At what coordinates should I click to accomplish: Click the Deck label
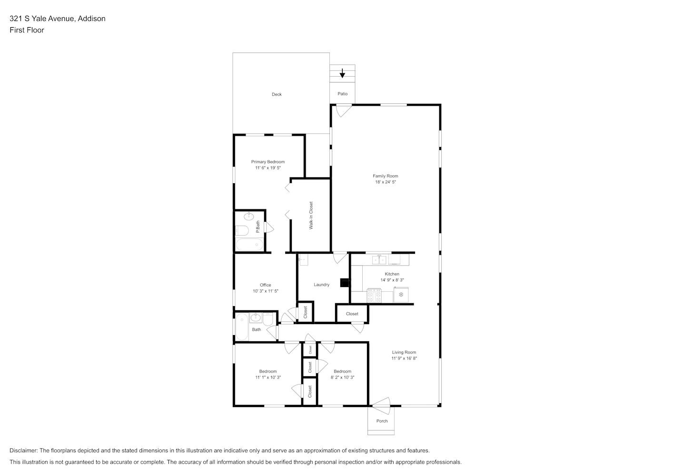point(277,94)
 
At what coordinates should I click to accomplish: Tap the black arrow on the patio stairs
point(342,73)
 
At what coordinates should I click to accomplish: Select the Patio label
point(343,94)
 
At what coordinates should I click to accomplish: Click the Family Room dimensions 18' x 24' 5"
point(386,182)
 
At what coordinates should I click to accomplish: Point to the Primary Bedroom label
point(267,162)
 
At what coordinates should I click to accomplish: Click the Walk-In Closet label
point(311,216)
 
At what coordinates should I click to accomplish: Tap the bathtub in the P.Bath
point(249,244)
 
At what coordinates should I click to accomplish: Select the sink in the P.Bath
point(249,216)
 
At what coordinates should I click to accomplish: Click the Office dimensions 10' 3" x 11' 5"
point(266,291)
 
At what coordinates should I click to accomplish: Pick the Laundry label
point(321,285)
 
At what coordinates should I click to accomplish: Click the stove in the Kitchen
point(374,296)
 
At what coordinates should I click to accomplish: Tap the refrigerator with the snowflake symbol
point(401,295)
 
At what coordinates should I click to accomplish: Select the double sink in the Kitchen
point(379,259)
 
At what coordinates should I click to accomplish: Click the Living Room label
point(404,352)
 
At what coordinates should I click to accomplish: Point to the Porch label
point(382,421)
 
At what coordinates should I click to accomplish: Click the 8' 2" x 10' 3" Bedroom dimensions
point(343,377)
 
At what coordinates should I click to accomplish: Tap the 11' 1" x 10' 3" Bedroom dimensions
point(268,377)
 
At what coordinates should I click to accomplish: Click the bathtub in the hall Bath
point(242,327)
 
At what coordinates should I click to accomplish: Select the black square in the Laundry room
point(345,283)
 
